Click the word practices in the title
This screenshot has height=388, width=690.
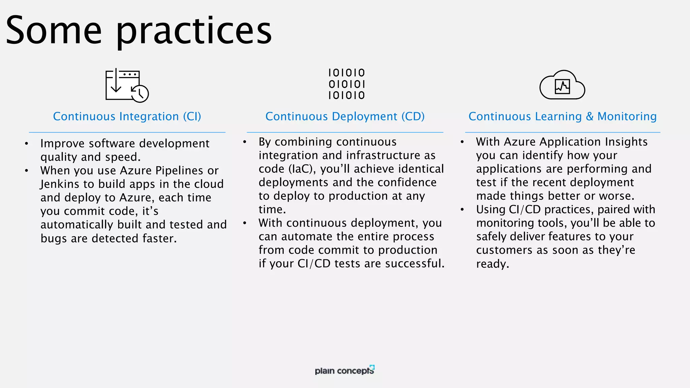(x=194, y=32)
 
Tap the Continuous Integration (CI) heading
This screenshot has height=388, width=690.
(x=127, y=117)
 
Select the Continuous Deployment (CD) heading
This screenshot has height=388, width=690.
(x=345, y=117)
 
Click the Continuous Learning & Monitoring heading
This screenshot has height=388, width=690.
(x=562, y=117)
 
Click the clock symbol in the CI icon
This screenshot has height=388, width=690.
(x=140, y=94)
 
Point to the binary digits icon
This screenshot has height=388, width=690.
(x=346, y=84)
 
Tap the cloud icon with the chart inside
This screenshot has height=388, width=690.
(x=562, y=86)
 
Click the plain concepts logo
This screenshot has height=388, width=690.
(x=344, y=370)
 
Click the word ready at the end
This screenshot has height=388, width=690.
(x=492, y=264)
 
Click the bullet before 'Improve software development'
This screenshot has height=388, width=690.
(x=26, y=144)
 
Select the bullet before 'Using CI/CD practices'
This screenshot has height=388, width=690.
(x=462, y=210)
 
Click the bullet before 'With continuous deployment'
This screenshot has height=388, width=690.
(x=245, y=223)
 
